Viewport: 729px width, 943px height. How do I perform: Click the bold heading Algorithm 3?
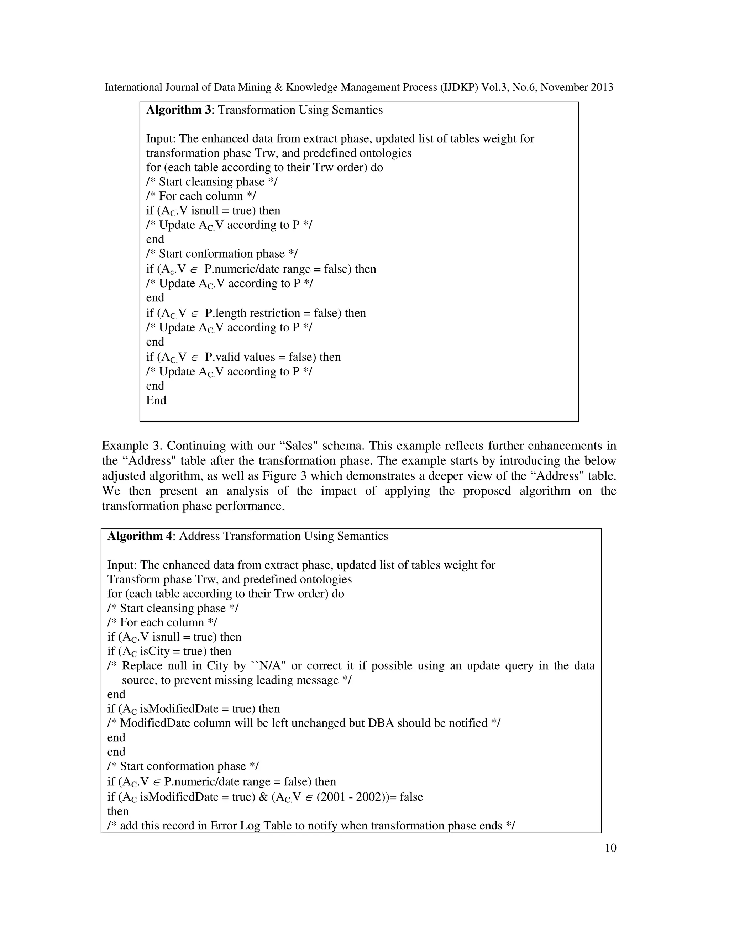pos(178,110)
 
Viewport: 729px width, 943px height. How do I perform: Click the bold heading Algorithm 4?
pos(140,536)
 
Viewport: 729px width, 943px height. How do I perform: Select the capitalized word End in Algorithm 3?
pos(156,400)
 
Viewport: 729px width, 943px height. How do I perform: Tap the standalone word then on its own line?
pos(118,811)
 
